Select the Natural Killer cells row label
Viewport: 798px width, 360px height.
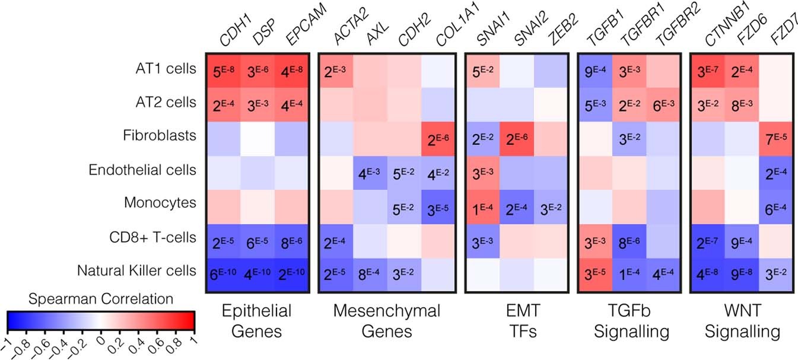pos(136,272)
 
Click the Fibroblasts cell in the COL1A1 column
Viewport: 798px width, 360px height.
pos(440,137)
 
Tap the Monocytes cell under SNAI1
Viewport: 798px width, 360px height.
pos(482,205)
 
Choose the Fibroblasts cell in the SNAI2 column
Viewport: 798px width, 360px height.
pos(516,137)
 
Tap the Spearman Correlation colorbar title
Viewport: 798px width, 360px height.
pos(100,298)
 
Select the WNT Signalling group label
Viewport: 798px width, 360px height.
pos(739,321)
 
